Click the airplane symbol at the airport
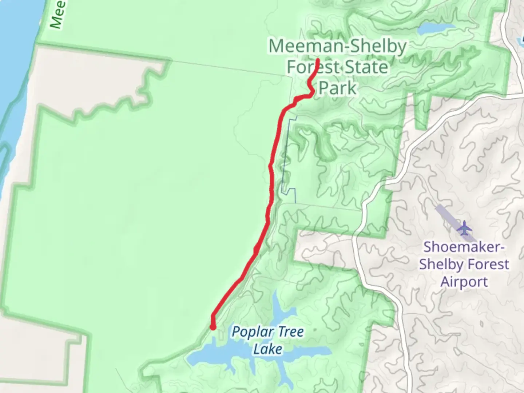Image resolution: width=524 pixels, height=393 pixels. [x=464, y=229]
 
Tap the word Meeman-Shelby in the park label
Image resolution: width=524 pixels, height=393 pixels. [x=337, y=47]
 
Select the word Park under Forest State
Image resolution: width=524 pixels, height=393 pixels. [x=338, y=88]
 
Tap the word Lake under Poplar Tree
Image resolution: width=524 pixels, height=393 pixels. [x=267, y=349]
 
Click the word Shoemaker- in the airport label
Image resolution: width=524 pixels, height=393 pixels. [x=464, y=247]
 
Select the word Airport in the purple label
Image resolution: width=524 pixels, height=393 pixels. [x=464, y=282]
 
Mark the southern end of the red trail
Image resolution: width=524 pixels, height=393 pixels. [x=213, y=327]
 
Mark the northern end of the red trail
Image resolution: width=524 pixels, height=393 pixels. [x=318, y=60]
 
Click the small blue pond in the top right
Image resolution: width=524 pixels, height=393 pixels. [x=436, y=28]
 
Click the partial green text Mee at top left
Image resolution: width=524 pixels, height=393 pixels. [x=57, y=15]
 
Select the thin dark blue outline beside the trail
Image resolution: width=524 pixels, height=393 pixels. [x=287, y=153]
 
